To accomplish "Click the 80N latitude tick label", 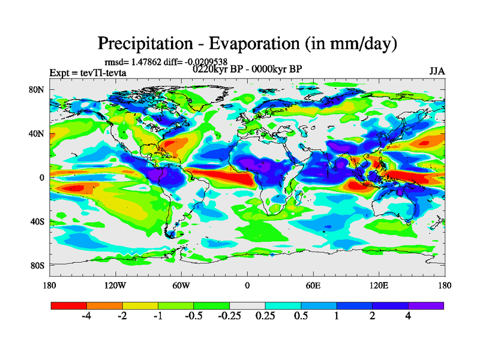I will (x=38, y=90).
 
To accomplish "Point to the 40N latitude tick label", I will (x=38, y=134).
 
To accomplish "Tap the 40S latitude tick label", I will (x=38, y=221).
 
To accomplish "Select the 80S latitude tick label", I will (x=38, y=265).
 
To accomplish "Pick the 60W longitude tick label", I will (x=181, y=285).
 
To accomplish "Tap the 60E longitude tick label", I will (x=313, y=285).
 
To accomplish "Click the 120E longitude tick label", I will (x=379, y=285).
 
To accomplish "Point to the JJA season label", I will (x=437, y=71).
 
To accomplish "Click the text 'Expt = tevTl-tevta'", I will (x=88, y=73).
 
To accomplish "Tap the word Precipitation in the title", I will (x=150, y=43).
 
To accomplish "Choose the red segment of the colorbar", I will (x=69, y=305).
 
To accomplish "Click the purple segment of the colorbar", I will (x=426, y=305).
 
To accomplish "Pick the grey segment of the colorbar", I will (x=247, y=305).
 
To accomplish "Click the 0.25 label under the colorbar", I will (x=265, y=316).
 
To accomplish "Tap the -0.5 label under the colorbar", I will (x=193, y=316).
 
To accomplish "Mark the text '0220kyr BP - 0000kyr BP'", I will (x=247, y=68).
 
